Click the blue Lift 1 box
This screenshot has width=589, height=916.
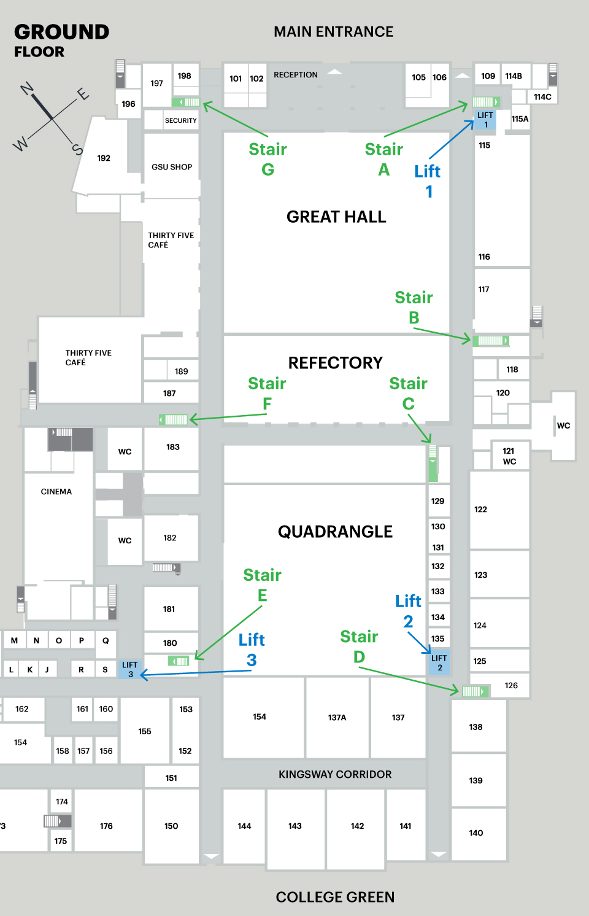pos(485,120)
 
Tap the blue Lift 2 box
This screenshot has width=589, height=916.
pos(439,662)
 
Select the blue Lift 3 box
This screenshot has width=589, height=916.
pos(130,669)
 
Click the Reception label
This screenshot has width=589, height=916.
pos(296,75)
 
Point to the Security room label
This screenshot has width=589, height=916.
pos(180,120)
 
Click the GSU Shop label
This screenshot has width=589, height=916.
pos(172,167)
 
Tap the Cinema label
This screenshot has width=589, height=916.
pos(56,492)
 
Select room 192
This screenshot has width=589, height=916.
pos(104,158)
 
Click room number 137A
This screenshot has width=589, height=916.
pos(337,717)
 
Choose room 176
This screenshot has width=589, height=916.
pos(106,826)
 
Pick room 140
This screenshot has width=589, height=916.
pos(476,833)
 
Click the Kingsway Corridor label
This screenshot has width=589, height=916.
pos(335,774)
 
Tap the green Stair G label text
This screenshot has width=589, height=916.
pos(268,159)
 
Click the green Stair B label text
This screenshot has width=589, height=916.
pos(414,307)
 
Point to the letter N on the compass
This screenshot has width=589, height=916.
pos(27,90)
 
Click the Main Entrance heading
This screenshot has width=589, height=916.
pos(333,32)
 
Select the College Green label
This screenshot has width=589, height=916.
pos(335,897)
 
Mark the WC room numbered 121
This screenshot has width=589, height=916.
pos(509,456)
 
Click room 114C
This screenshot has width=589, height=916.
pos(542,97)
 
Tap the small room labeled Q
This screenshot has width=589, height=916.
pos(106,640)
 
